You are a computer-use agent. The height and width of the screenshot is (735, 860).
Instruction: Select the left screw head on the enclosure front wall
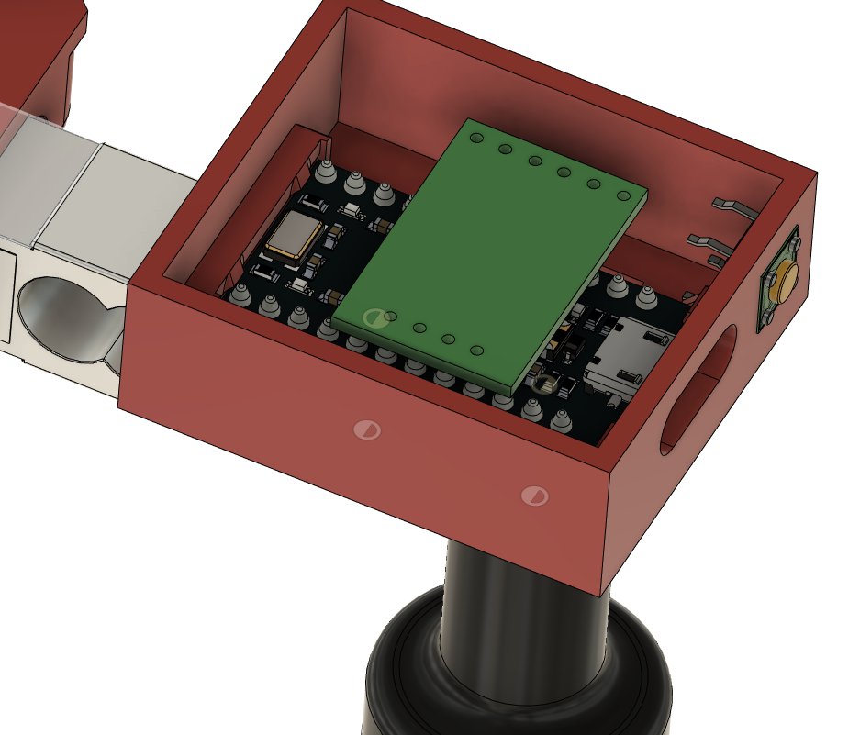click(367, 429)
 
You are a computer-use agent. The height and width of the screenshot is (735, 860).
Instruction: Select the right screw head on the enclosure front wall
click(533, 496)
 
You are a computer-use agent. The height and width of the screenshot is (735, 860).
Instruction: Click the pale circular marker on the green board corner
click(374, 318)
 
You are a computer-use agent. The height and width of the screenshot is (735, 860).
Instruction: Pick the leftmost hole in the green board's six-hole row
click(475, 138)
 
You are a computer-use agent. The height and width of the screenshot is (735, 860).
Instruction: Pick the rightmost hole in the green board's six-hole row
click(623, 195)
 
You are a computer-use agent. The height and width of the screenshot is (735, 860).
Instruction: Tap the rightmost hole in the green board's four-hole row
click(476, 351)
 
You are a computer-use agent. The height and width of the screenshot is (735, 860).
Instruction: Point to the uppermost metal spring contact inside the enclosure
click(734, 205)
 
